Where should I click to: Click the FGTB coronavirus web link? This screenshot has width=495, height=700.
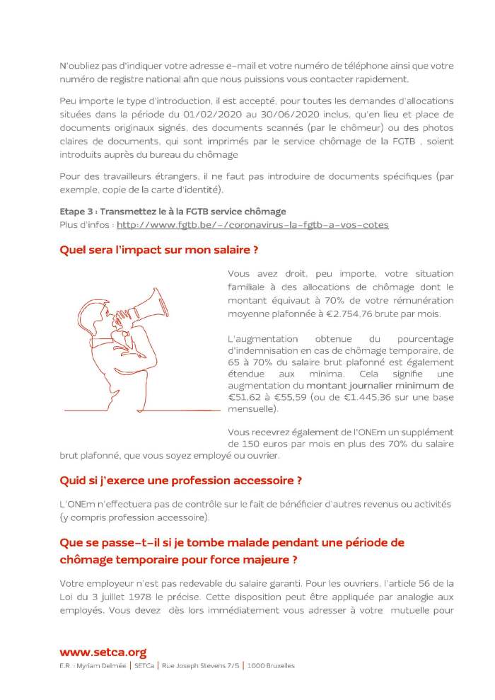click(252, 225)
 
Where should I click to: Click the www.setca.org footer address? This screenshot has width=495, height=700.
click(103, 653)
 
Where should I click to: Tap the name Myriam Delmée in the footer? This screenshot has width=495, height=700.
click(100, 666)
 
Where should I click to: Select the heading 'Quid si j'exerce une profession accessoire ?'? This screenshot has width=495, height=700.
click(181, 481)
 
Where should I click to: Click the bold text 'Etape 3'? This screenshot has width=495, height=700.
click(77, 212)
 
